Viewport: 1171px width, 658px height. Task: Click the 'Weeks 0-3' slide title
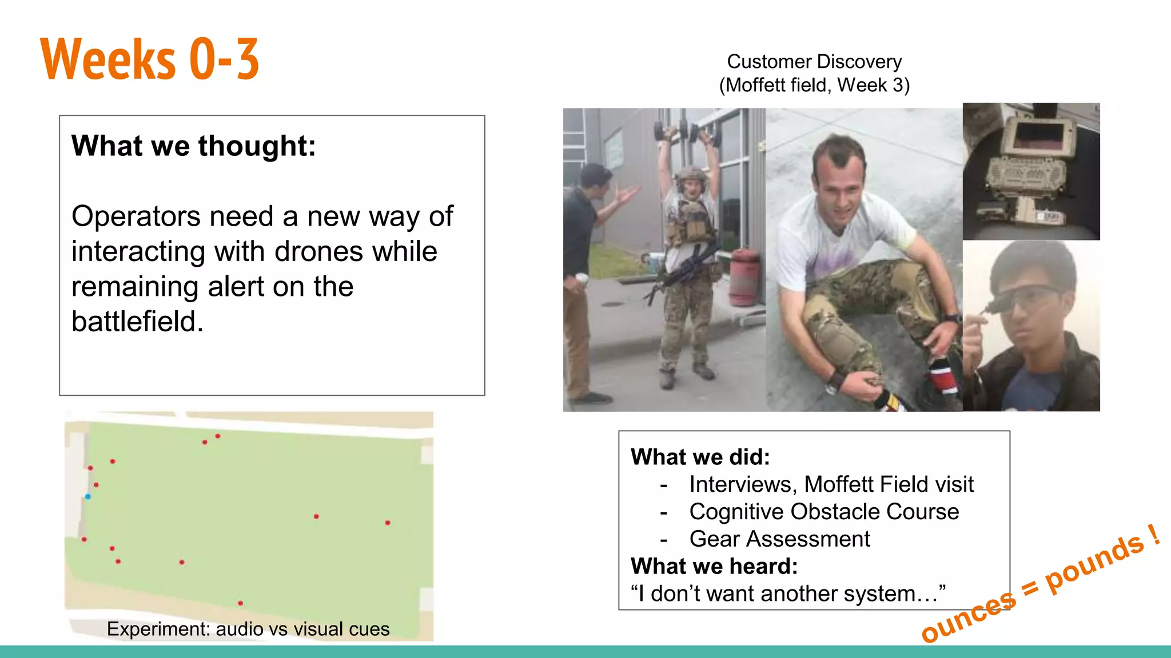tap(150, 59)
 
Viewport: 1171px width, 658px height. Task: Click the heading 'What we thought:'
tap(193, 146)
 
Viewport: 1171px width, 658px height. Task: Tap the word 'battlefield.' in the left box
tap(137, 322)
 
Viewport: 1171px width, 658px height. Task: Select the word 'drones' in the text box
tap(326, 252)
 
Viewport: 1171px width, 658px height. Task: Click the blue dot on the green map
tap(87, 496)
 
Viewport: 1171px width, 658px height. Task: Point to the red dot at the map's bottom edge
tap(240, 603)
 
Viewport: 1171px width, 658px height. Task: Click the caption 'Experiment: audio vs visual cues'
tap(248, 629)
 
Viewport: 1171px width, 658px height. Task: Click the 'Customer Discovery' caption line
tap(814, 62)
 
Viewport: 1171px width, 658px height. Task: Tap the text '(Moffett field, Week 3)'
tap(814, 85)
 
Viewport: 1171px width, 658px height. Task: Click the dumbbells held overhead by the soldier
tap(683, 132)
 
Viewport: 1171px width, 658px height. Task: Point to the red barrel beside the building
tap(745, 276)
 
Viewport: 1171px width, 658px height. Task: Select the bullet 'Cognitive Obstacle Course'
tap(824, 512)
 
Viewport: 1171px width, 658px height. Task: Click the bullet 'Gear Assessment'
tap(779, 539)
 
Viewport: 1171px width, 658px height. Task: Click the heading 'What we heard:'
tap(714, 567)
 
